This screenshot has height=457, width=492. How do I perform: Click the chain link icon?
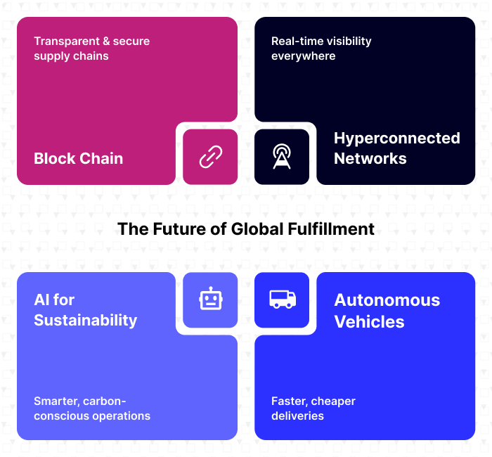pos(210,157)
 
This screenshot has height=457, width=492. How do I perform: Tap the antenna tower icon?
pos(282,157)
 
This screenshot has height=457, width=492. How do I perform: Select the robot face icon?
pos(210,300)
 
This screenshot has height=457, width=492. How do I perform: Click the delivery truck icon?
pos(282,300)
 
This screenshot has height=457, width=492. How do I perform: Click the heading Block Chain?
pos(78,158)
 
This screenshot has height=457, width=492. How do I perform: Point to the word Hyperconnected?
pos(396,138)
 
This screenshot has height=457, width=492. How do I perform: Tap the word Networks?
pos(370,158)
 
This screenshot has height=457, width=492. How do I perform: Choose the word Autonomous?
pos(387,300)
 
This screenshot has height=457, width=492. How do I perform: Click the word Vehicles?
pos(369,321)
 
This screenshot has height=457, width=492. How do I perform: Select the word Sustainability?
pos(85,320)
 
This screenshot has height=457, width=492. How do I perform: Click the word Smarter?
pos(56,401)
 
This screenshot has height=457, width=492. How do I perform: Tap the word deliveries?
pos(297,416)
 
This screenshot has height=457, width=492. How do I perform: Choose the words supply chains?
pos(71,56)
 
